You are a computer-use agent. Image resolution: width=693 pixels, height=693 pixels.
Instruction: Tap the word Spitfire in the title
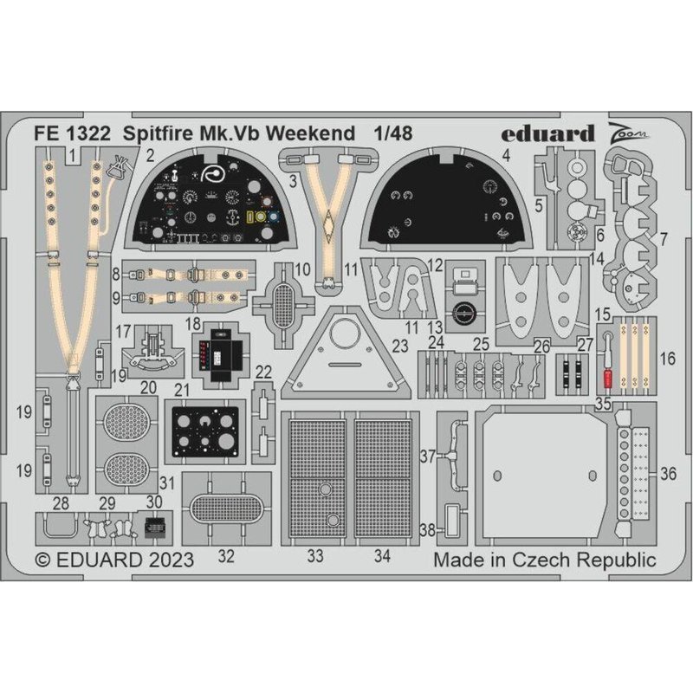click(157, 134)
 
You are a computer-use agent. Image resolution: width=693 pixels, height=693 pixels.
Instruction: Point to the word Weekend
click(314, 134)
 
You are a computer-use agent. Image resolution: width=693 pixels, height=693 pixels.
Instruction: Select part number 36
click(667, 474)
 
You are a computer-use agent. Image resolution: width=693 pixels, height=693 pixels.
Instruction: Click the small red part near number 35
click(607, 379)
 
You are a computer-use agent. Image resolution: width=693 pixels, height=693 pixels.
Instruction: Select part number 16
click(666, 357)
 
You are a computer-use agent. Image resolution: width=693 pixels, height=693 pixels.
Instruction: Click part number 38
click(426, 528)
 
